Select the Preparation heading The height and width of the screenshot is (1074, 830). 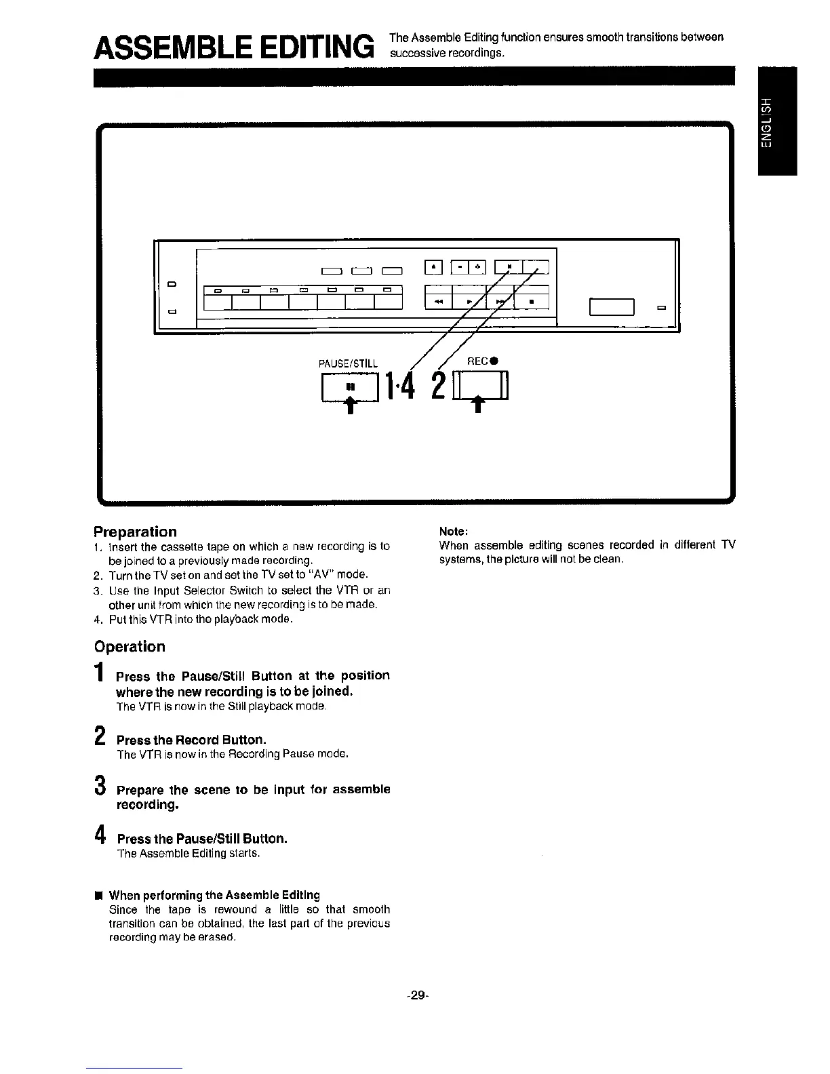(135, 532)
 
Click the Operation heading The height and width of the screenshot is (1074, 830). (130, 646)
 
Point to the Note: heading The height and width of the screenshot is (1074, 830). (454, 531)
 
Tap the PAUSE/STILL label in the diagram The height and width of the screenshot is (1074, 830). (348, 363)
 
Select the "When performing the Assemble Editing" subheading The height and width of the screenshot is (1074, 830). (214, 895)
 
